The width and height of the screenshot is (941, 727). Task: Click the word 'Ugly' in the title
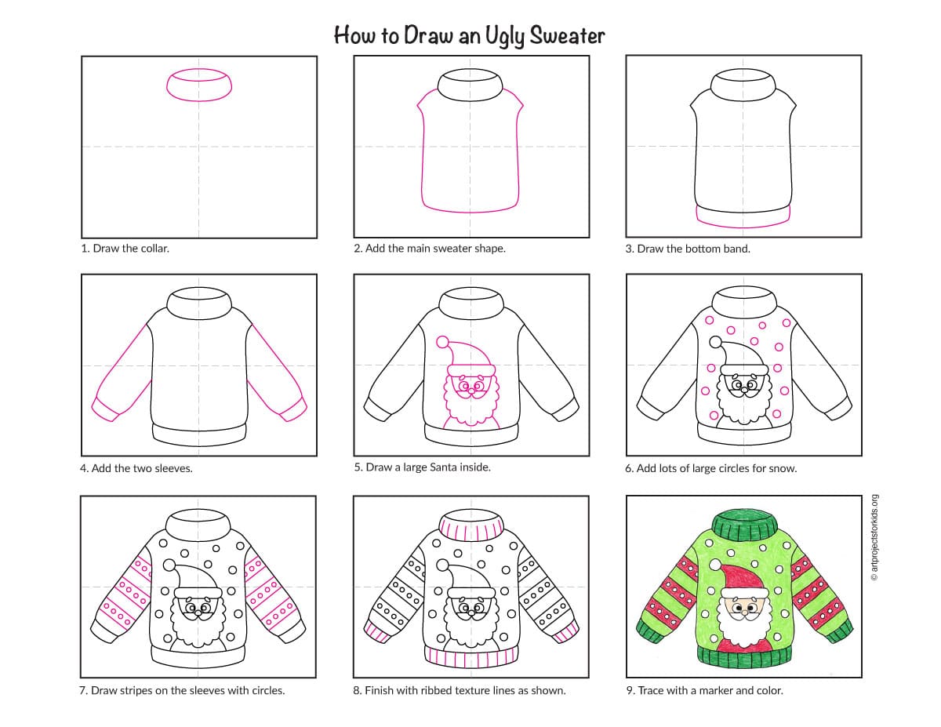click(503, 36)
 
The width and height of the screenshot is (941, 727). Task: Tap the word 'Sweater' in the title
click(567, 35)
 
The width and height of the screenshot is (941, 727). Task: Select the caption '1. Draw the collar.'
click(125, 248)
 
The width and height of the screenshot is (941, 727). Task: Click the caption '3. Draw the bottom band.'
click(688, 249)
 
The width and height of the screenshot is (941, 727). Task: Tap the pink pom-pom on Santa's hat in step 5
click(442, 342)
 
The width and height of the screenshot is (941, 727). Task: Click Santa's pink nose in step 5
click(471, 392)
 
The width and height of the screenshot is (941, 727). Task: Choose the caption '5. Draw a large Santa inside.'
click(422, 467)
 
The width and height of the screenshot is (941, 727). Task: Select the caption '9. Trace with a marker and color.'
click(704, 690)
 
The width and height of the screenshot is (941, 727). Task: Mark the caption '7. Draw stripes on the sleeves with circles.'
click(182, 690)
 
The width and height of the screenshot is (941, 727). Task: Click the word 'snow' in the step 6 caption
click(783, 468)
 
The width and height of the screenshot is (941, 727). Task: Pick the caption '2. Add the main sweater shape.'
click(430, 248)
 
